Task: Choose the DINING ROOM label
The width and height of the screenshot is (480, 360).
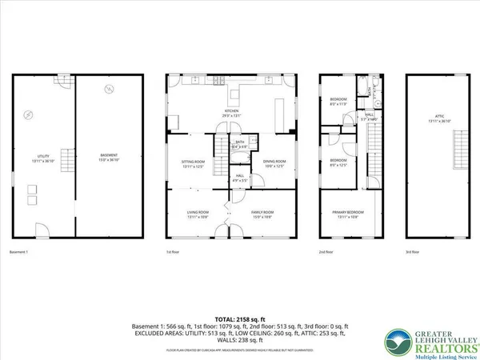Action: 274,165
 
